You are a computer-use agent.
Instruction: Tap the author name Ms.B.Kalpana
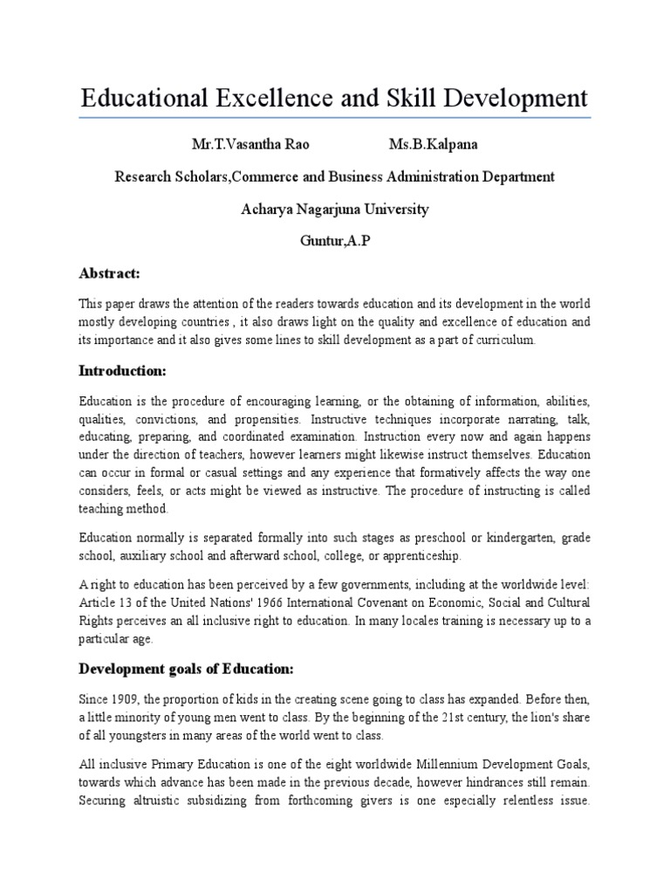(427, 143)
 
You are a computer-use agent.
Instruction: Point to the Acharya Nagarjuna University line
(335, 210)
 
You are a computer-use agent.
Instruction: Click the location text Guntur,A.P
(335, 242)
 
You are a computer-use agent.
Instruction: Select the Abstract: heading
(109, 274)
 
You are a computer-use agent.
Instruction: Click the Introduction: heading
(121, 371)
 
